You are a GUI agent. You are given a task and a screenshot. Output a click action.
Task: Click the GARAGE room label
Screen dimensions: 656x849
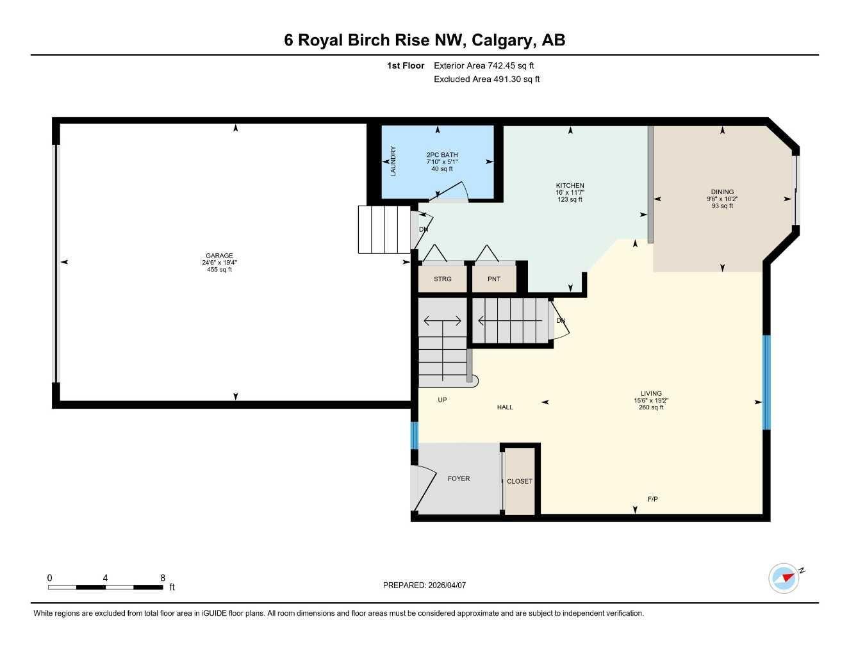[219, 256]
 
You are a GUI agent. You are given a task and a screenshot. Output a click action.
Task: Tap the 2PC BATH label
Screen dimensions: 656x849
[442, 155]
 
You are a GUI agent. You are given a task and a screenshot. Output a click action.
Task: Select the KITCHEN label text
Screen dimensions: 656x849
[570, 186]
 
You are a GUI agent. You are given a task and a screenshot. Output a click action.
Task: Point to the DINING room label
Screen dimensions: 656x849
[722, 192]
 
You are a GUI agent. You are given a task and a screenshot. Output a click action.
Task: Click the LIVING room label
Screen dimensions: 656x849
[651, 393]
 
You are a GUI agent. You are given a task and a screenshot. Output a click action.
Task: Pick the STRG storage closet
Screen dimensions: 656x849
[442, 279]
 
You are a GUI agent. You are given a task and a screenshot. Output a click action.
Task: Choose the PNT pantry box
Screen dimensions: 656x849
[493, 279]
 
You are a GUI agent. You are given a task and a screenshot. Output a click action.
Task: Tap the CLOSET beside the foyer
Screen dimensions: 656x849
[519, 481]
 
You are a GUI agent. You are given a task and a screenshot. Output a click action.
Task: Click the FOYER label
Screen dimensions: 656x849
[459, 479]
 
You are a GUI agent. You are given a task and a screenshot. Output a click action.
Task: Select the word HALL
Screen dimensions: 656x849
[505, 407]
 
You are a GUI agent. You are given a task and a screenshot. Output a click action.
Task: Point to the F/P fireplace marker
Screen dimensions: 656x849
[653, 499]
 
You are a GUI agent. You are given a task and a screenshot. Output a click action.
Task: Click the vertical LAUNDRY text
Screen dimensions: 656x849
[393, 161]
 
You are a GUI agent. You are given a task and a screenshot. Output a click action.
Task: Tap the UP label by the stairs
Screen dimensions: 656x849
[442, 400]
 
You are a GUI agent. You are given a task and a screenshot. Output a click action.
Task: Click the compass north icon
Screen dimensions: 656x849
[784, 578]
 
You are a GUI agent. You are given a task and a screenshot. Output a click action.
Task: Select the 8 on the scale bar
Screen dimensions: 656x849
[163, 578]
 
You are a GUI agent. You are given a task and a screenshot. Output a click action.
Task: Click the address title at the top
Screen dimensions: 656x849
[424, 40]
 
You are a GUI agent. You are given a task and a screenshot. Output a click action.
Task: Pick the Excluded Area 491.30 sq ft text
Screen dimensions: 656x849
[486, 79]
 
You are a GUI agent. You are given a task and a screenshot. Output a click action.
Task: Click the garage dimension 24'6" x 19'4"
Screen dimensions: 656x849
[219, 263]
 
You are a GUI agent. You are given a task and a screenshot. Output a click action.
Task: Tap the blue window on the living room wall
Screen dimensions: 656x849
[766, 382]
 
